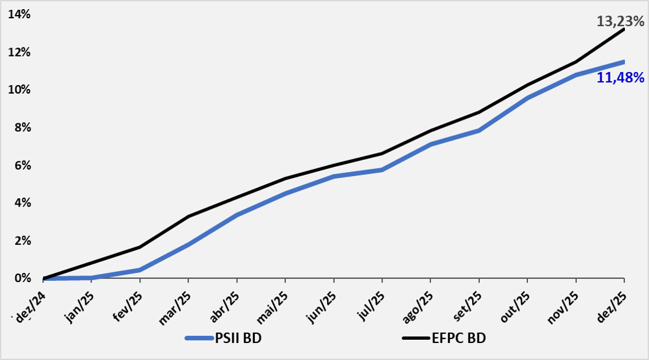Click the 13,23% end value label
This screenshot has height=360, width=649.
[x=620, y=21]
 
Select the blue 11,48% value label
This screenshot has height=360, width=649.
[x=620, y=78]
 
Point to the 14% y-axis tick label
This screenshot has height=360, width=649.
[x=19, y=14]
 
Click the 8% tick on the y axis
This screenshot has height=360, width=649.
[x=21, y=127]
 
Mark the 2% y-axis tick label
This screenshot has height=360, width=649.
[x=21, y=240]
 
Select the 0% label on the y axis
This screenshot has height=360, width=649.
[x=21, y=278]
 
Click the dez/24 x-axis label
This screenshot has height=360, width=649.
[x=31, y=305]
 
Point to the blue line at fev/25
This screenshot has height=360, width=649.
[x=140, y=270]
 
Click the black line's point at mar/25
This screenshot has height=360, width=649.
[x=188, y=216]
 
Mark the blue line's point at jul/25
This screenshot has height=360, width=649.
[x=382, y=170]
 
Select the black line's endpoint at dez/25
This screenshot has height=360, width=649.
[x=624, y=29]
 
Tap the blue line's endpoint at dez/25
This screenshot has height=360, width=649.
[x=624, y=62]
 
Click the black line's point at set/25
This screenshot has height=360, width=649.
[x=479, y=112]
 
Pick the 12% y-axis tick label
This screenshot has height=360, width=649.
[x=19, y=52]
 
